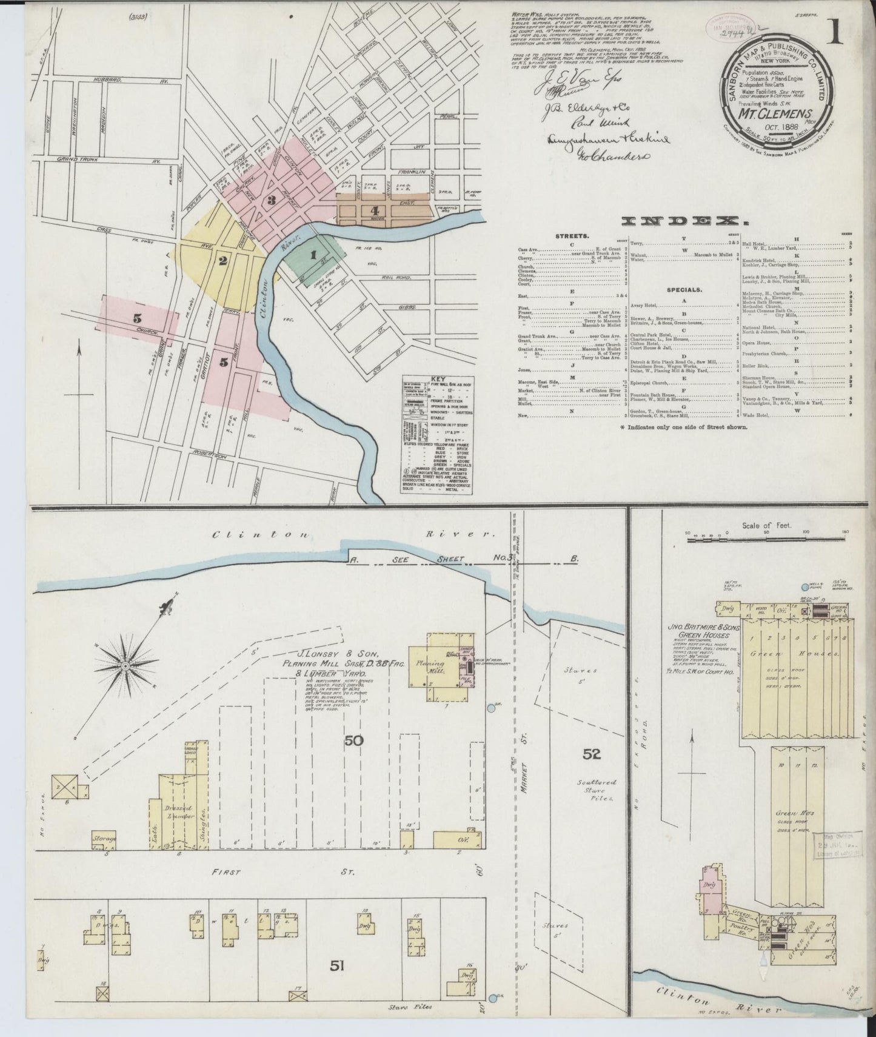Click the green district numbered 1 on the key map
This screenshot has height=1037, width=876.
[313, 255]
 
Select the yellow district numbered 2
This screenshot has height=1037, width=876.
[223, 261]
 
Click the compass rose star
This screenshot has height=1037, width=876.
[125, 666]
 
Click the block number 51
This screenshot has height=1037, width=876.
[338, 967]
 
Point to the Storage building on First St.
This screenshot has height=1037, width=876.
[104, 839]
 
